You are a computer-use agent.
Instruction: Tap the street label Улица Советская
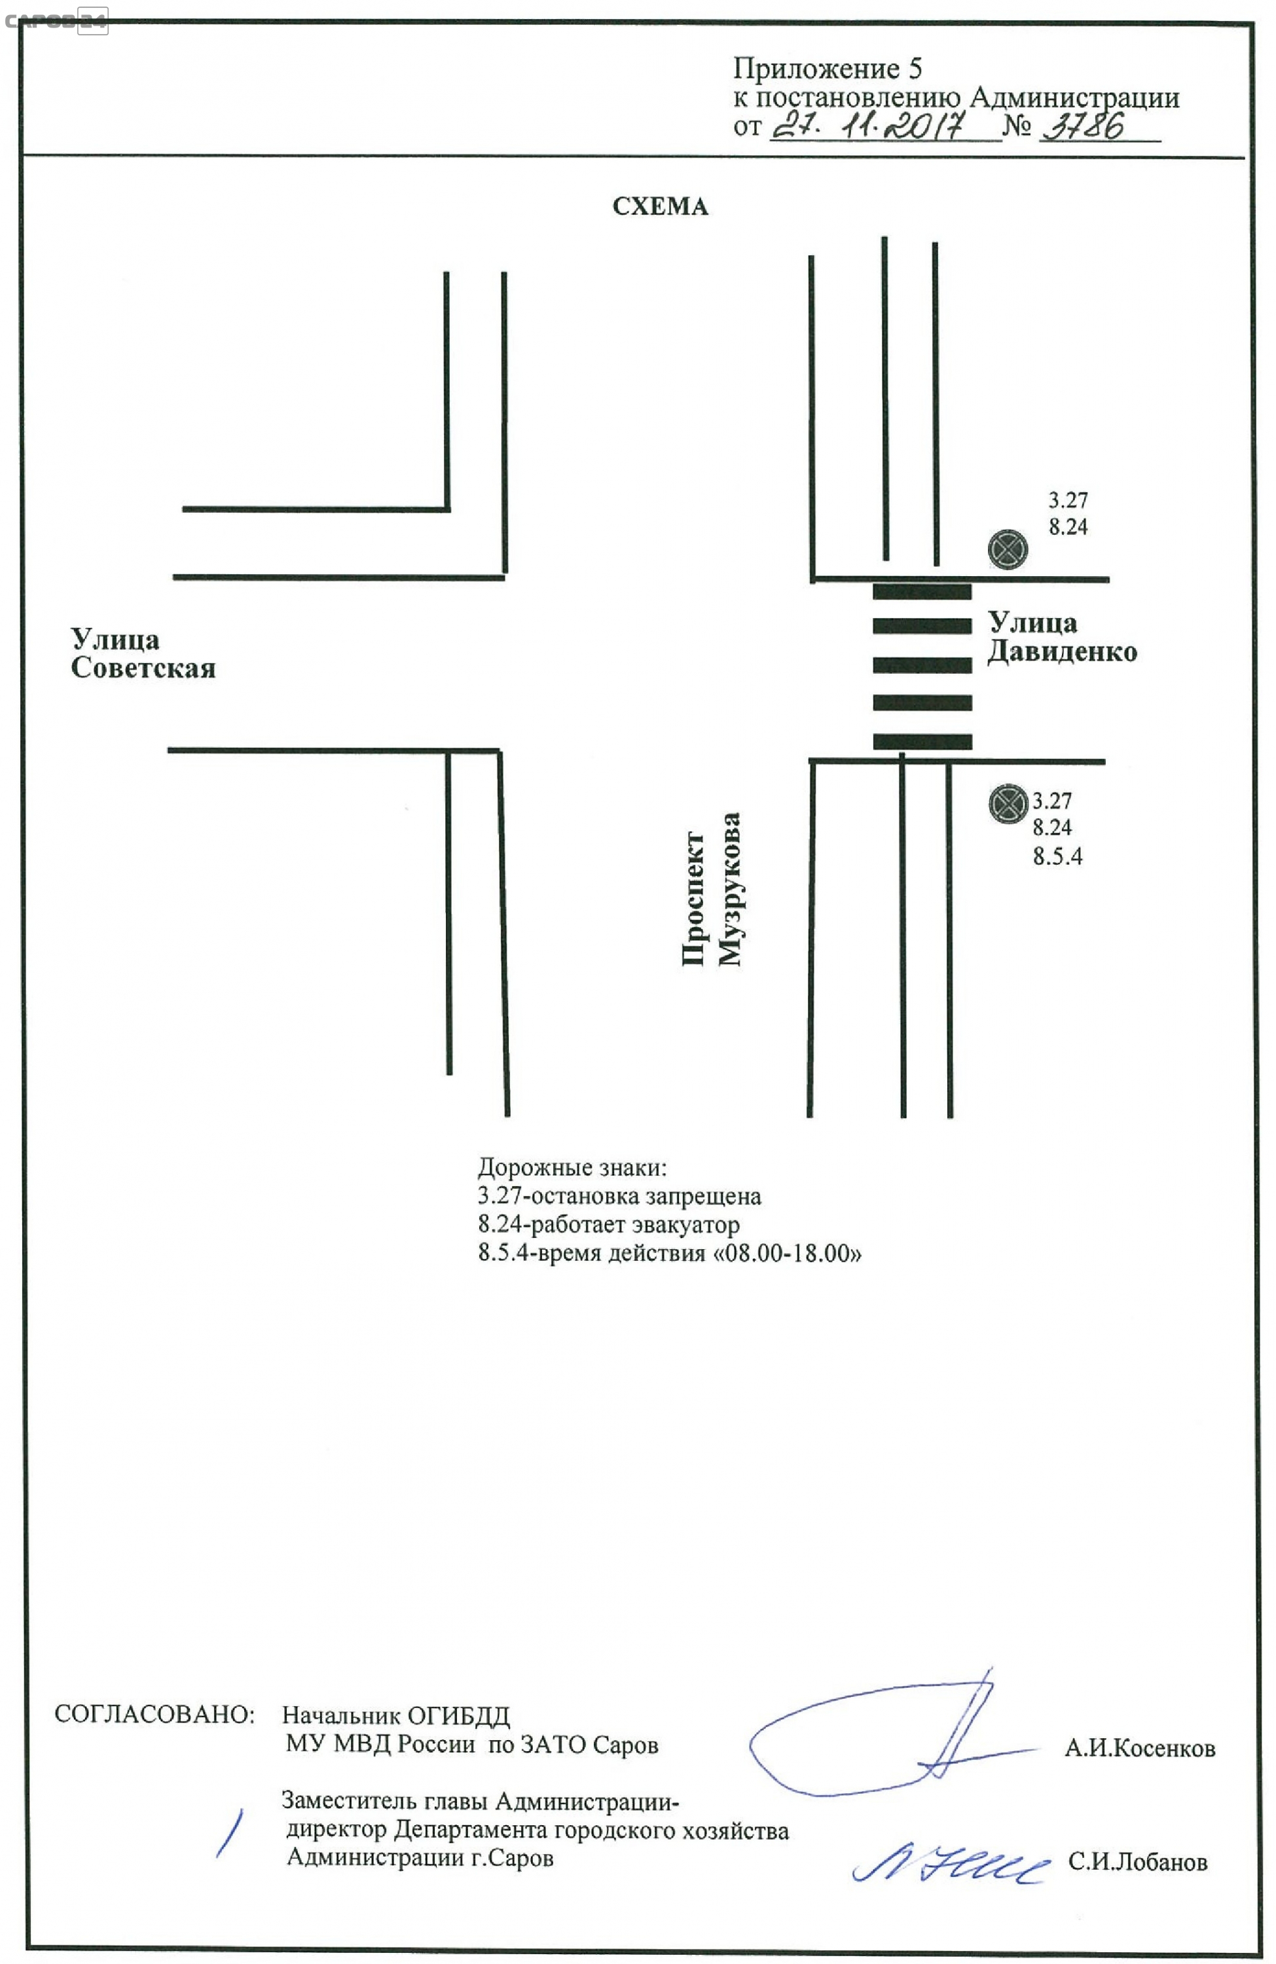tap(143, 653)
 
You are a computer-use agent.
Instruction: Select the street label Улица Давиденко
tap(1062, 636)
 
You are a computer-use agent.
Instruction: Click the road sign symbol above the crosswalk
tap(1007, 549)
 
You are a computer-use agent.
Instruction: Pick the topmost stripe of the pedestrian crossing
tap(921, 591)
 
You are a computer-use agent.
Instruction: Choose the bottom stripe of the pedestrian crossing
tap(922, 741)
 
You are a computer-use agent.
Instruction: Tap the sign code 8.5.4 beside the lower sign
tap(1057, 856)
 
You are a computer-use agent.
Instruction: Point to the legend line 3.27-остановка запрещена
tap(619, 1195)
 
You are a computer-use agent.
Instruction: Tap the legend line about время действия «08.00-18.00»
tap(669, 1252)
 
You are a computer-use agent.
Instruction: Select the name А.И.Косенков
tap(1139, 1748)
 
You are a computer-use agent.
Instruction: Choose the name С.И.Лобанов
tap(1137, 1862)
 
